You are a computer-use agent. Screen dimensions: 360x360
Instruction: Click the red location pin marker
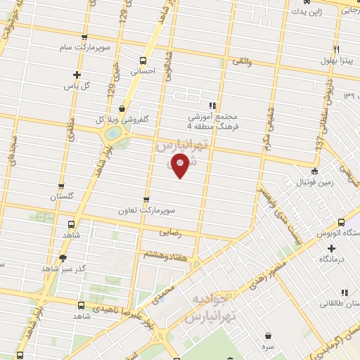(x=181, y=167)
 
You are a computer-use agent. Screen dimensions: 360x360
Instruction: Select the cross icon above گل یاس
(x=77, y=75)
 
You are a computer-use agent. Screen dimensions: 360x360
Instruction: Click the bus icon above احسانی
(x=143, y=60)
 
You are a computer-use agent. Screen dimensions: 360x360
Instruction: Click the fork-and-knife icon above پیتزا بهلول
(x=336, y=49)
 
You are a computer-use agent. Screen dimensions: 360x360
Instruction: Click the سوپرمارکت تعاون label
(x=146, y=210)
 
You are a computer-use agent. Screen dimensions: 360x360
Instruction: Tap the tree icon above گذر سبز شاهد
(x=63, y=258)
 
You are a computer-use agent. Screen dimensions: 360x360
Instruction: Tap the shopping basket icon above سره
(x=269, y=335)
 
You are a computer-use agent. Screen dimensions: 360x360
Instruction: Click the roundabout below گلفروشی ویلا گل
(x=112, y=133)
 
